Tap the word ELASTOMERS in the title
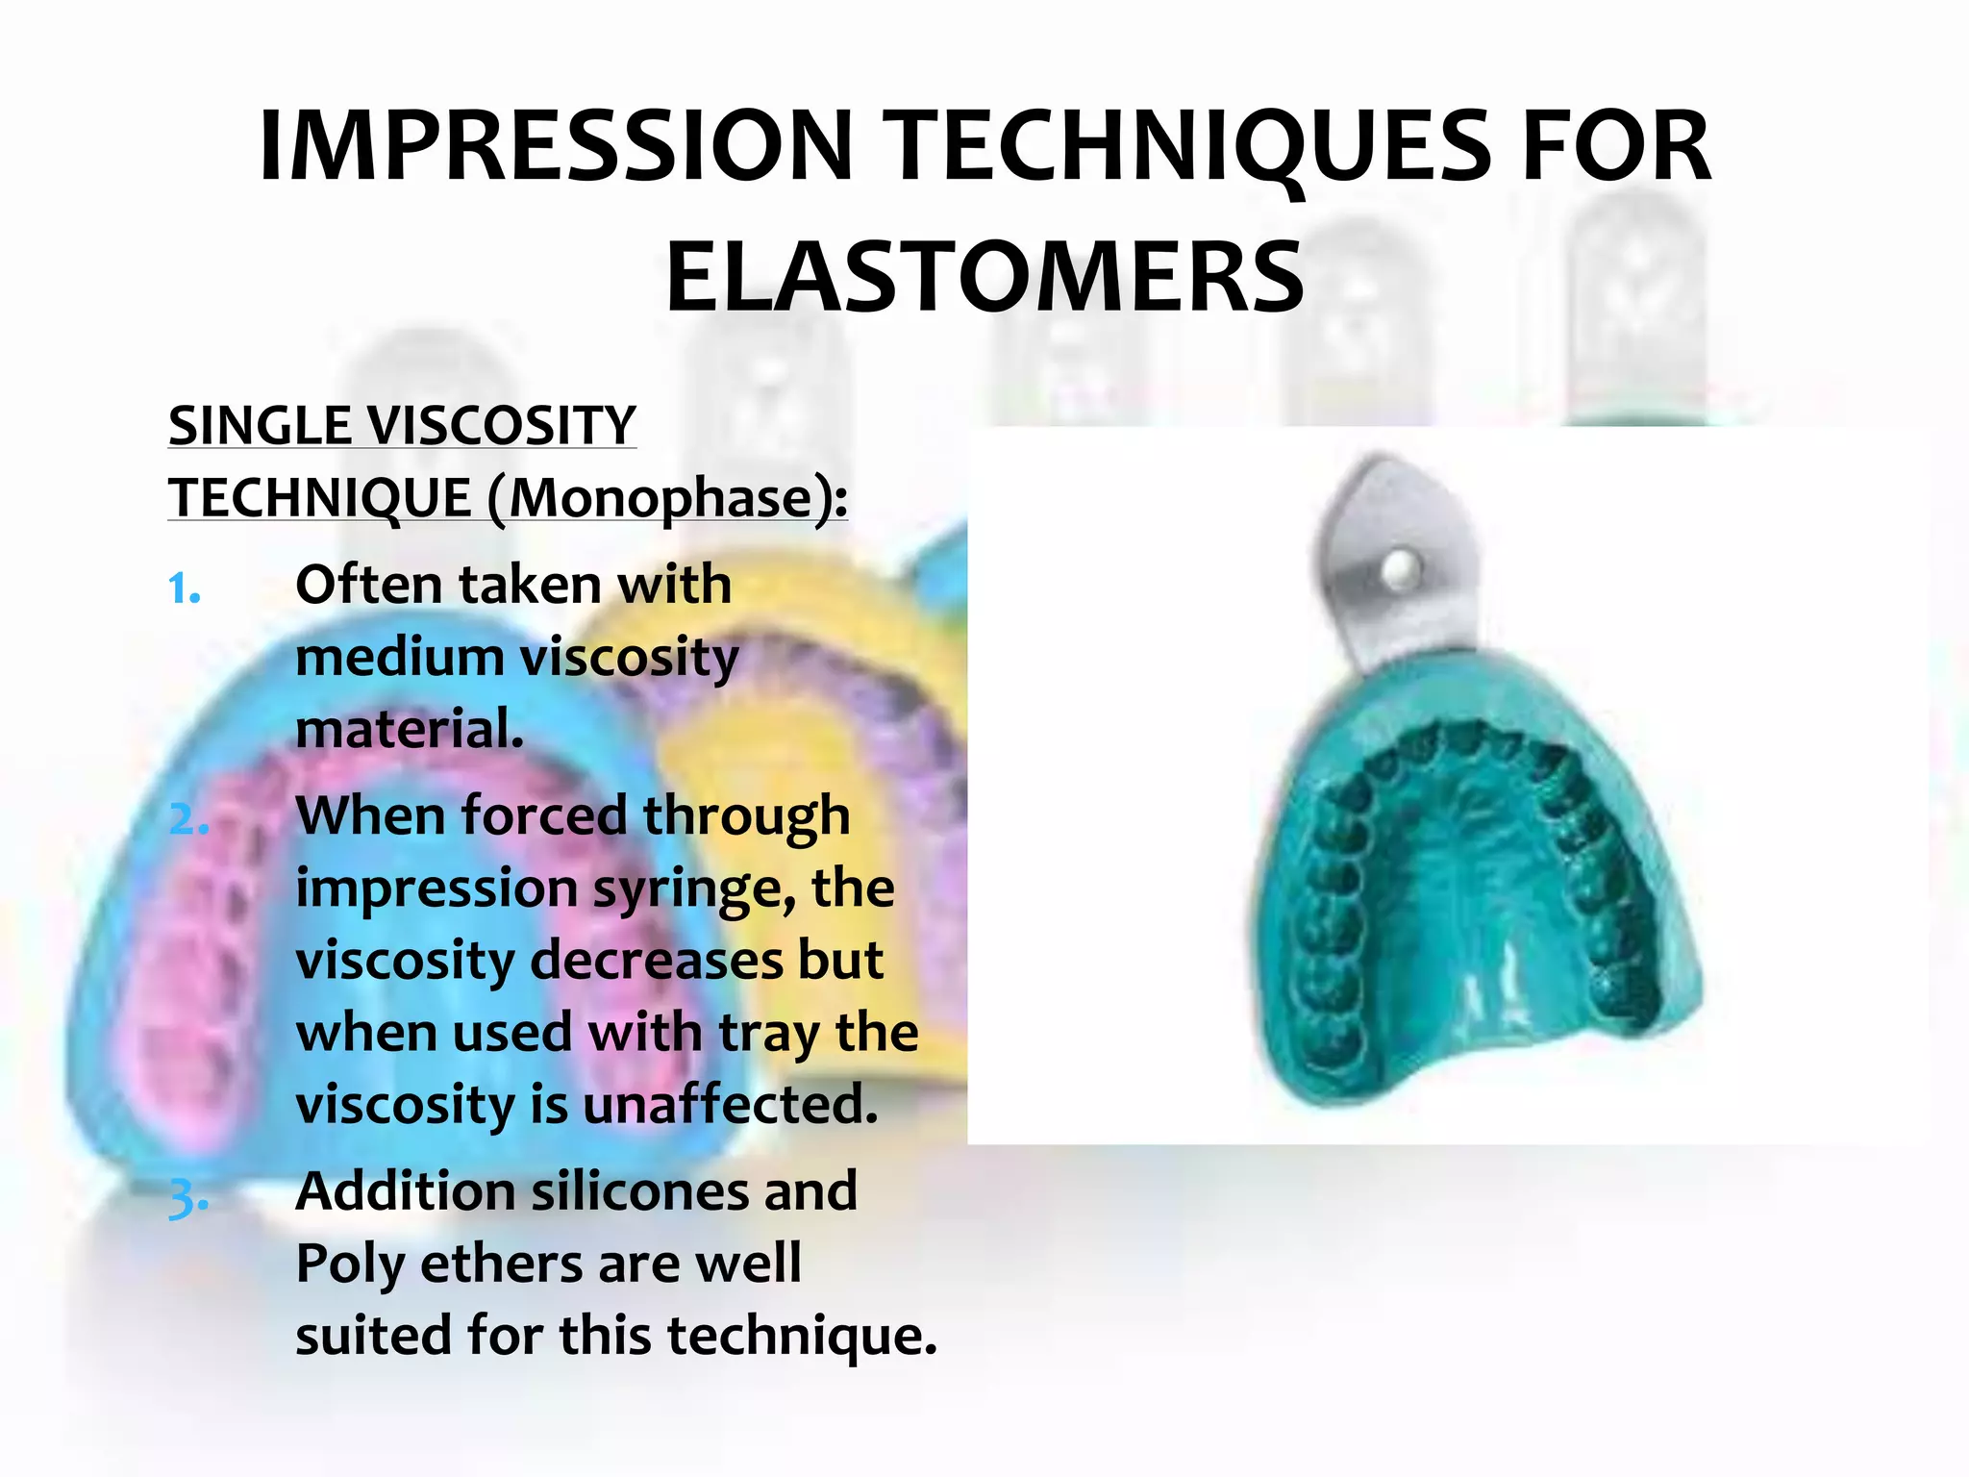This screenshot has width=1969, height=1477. tap(984, 278)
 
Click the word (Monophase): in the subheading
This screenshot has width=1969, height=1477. tap(667, 498)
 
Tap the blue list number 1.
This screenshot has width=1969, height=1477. tap(184, 588)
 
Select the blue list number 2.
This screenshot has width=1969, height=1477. tap(187, 820)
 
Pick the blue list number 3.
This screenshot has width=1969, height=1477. tap(187, 1198)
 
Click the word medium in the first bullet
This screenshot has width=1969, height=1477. tap(399, 658)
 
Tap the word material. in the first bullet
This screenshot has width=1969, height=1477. tap(410, 729)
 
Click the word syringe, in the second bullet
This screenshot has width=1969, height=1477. tap(693, 889)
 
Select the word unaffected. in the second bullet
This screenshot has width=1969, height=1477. tap(731, 1105)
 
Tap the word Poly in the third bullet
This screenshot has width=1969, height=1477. tap(348, 1265)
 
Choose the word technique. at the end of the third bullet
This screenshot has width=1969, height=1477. tap(802, 1337)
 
